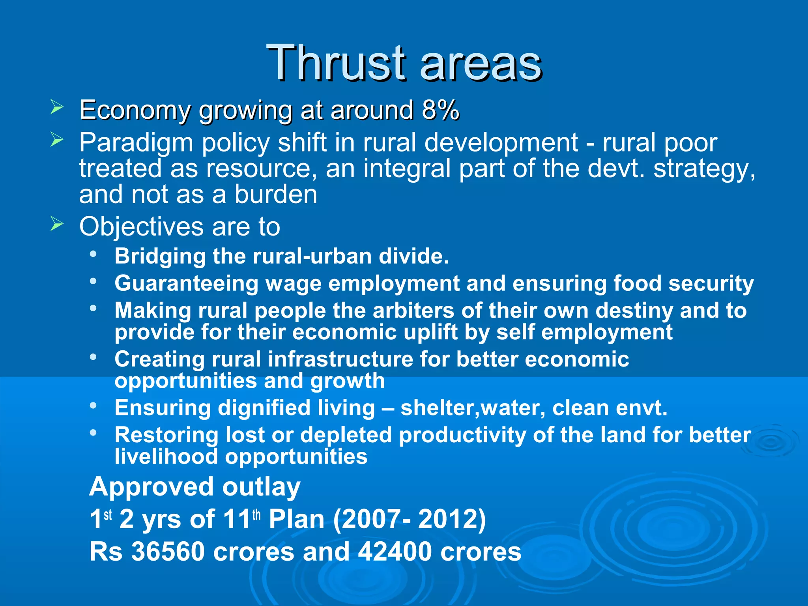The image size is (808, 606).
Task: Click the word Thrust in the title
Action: click(x=336, y=63)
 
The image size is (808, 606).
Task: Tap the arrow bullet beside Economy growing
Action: click(x=57, y=107)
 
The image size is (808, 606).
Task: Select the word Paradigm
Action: click(x=136, y=143)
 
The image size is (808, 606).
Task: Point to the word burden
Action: click(x=276, y=195)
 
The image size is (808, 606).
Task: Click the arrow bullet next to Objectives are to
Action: click(x=57, y=224)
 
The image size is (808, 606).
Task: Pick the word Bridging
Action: click(x=160, y=256)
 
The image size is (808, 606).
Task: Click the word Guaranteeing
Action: click(x=186, y=284)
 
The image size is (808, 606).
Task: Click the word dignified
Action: click(x=264, y=408)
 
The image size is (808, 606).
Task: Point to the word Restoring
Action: click(x=166, y=435)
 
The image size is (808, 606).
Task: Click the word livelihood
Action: click(x=166, y=457)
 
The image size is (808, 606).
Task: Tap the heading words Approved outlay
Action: click(x=195, y=487)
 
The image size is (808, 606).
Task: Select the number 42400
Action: click(x=394, y=552)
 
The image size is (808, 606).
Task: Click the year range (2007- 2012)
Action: click(x=410, y=519)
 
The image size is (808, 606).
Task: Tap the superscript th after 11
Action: click(x=256, y=515)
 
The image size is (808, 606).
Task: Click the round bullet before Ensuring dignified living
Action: click(x=93, y=406)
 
